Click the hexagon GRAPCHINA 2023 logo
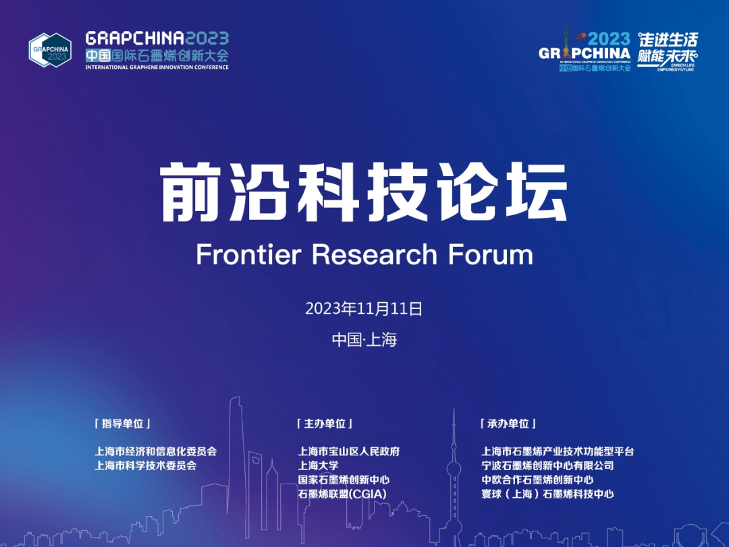point(50,50)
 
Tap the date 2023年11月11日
point(364,309)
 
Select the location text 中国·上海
point(364,339)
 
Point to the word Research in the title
point(375,254)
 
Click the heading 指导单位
point(122,424)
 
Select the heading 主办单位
point(324,424)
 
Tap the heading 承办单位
point(508,424)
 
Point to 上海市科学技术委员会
point(145,465)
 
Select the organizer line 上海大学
point(319,465)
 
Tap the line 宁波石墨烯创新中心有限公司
point(547,465)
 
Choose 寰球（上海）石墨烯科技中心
point(547,494)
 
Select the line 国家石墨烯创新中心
point(344,480)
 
